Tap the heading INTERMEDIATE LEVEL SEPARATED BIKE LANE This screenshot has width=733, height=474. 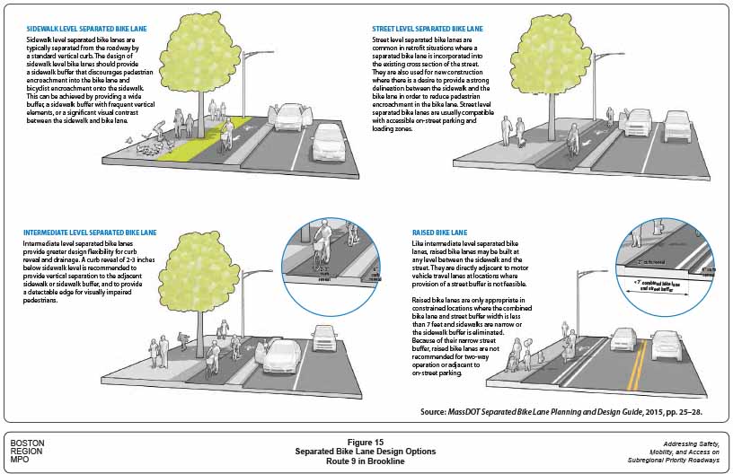tap(98, 233)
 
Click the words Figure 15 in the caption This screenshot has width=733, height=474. tap(366, 442)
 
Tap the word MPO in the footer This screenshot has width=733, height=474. tap(20, 460)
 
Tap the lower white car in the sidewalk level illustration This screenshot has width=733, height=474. tap(327, 141)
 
